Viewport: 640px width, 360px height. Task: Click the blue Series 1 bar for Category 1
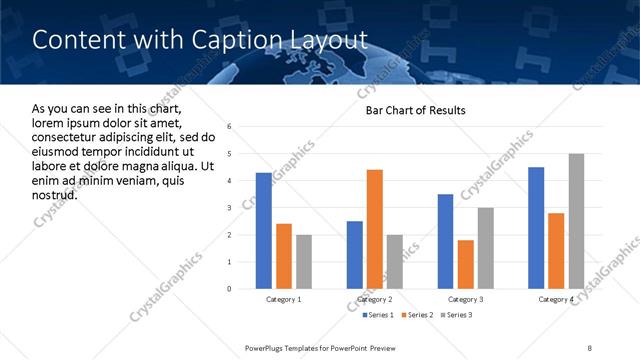(264, 231)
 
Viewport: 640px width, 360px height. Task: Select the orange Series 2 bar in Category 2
(375, 229)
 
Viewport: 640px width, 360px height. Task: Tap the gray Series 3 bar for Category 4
(576, 221)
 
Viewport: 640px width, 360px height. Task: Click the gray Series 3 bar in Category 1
(304, 262)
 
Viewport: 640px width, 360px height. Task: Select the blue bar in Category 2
(355, 255)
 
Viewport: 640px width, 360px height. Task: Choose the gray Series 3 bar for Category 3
(486, 248)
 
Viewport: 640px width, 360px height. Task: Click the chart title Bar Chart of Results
(415, 110)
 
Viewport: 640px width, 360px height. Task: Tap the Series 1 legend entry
(379, 315)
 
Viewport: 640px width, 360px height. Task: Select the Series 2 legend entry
(418, 315)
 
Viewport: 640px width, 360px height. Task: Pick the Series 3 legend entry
(456, 315)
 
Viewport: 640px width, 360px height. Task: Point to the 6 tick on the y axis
(230, 127)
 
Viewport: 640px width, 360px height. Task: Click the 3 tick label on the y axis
(230, 208)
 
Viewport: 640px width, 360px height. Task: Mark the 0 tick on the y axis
(230, 289)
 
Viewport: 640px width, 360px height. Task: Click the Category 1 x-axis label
(284, 299)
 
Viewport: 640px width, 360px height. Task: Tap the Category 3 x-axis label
(466, 299)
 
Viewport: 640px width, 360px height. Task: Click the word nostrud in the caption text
(55, 194)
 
